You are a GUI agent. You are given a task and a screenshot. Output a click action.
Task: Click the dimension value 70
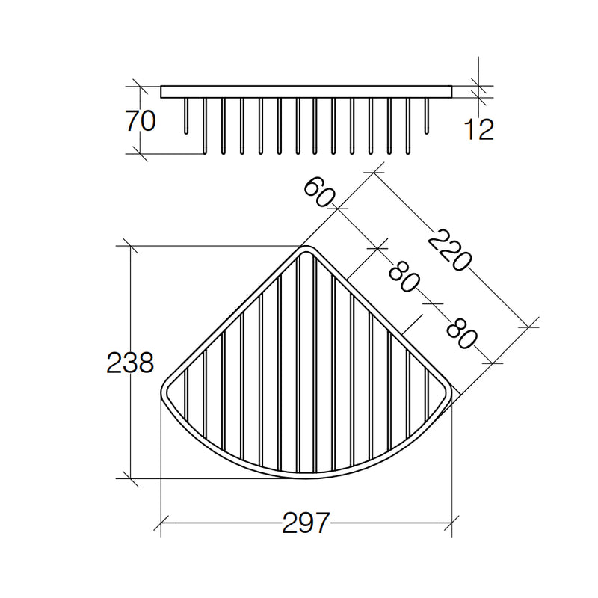pyautogui.click(x=141, y=120)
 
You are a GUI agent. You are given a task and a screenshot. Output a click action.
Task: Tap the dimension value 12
pyautogui.click(x=478, y=129)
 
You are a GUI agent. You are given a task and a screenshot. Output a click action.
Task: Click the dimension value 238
pyautogui.click(x=130, y=363)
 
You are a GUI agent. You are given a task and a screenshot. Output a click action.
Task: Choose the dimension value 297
pyautogui.click(x=306, y=523)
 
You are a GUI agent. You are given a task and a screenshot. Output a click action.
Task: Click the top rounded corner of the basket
pyautogui.click(x=306, y=248)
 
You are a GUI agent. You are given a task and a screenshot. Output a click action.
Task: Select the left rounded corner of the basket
pyautogui.click(x=163, y=391)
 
